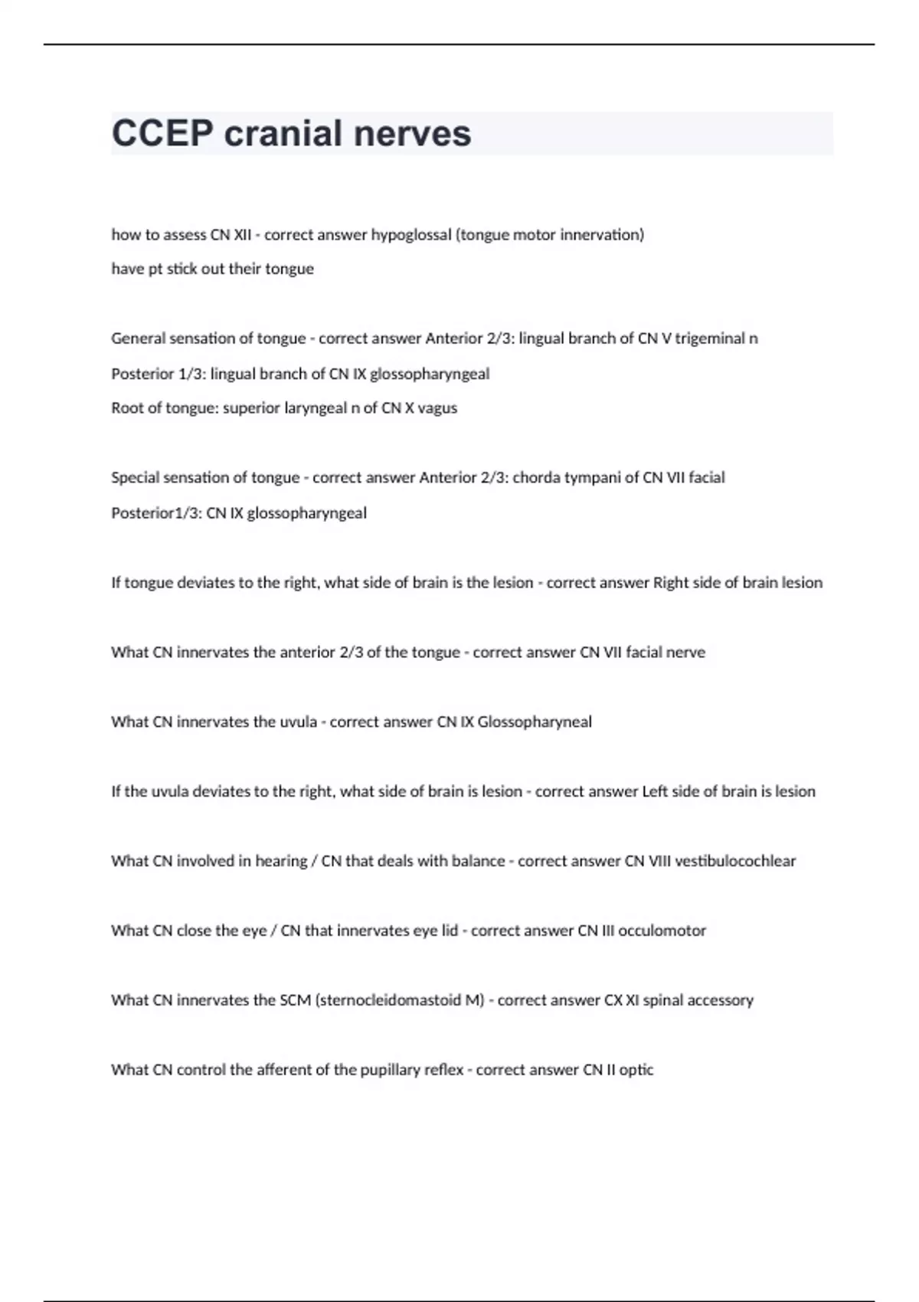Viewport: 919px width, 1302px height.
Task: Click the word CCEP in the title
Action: (162, 133)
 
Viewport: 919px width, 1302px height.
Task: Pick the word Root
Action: (126, 408)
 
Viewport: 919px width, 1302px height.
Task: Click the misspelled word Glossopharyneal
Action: (534, 721)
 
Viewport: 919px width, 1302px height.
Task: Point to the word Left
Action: (655, 791)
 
